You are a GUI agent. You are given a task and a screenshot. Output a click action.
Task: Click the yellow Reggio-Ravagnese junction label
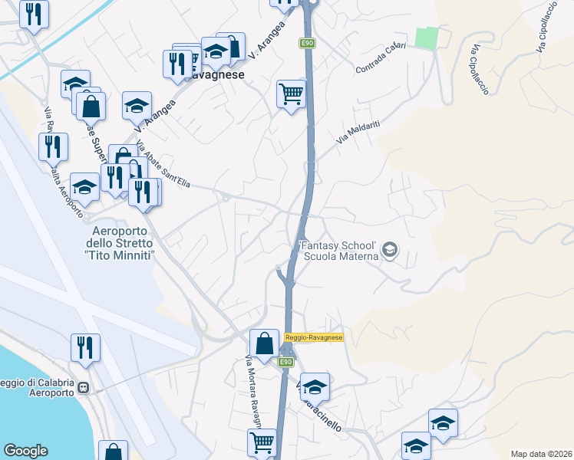(313, 337)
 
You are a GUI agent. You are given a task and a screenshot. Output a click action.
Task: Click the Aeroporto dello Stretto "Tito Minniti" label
(123, 243)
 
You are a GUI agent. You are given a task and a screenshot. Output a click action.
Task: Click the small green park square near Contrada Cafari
(427, 37)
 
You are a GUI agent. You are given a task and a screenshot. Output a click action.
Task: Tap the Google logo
(25, 451)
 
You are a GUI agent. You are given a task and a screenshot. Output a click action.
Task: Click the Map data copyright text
(541, 454)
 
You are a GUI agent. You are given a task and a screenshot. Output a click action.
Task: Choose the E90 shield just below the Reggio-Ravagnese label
(285, 362)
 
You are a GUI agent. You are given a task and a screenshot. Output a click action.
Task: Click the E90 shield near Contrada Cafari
(305, 43)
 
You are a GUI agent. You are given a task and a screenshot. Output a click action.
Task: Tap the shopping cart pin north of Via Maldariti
(291, 95)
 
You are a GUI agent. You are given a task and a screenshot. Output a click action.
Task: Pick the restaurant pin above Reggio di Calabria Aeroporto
(85, 347)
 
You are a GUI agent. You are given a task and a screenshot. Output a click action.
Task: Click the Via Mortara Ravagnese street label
(253, 391)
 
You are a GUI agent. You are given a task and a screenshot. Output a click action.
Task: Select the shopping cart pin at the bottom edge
(262, 443)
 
